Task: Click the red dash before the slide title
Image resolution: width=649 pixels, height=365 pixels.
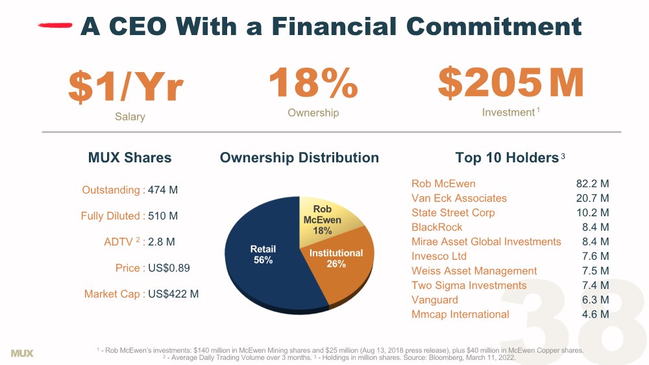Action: (55, 26)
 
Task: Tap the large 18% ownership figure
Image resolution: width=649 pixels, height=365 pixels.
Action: (313, 82)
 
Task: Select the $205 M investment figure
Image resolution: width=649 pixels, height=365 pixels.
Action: (511, 83)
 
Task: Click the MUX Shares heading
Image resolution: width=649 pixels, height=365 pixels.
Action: (130, 158)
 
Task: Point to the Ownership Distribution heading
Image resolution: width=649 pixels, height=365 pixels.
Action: (299, 158)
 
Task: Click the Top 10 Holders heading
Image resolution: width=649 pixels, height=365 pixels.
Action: (507, 158)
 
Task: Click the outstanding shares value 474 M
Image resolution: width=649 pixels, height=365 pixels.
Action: (163, 190)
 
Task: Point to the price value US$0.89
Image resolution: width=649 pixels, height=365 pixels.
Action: (169, 268)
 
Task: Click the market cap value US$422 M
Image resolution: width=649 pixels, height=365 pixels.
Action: (173, 294)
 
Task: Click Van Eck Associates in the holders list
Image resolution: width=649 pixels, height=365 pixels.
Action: (459, 198)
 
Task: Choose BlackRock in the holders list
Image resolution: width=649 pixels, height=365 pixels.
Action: (437, 227)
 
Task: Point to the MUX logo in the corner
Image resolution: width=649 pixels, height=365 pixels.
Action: (22, 353)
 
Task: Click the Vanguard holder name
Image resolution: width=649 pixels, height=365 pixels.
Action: (434, 300)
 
